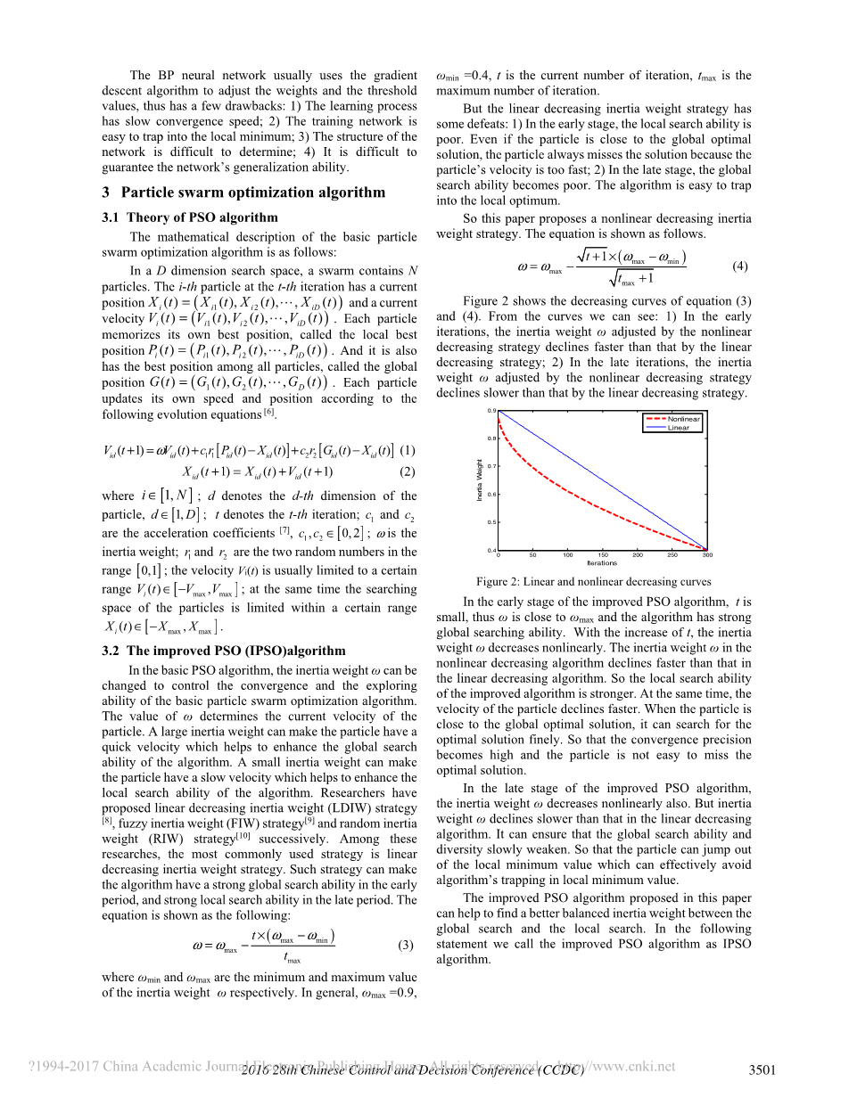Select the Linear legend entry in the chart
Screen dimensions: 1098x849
[678, 427]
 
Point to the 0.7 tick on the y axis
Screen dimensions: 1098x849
[491, 466]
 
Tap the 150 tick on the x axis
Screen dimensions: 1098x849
[603, 554]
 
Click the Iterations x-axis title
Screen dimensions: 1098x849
[602, 562]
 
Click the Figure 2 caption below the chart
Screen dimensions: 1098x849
[593, 582]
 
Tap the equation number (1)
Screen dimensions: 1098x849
[408, 448]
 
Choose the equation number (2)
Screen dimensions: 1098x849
[408, 471]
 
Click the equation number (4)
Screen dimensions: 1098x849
[739, 266]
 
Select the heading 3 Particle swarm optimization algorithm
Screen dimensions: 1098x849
[243, 193]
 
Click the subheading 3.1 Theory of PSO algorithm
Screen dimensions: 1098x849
[189, 217]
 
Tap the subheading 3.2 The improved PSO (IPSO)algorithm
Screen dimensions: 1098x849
[224, 651]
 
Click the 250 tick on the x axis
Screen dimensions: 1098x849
[672, 554]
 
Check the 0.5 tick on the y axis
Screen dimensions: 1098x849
[491, 522]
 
